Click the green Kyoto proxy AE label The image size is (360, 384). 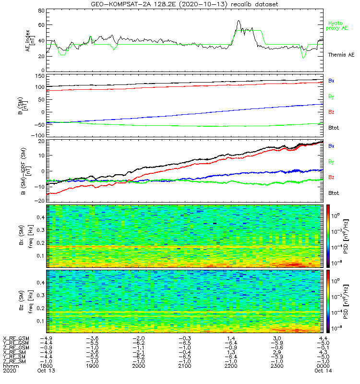[x=338, y=25]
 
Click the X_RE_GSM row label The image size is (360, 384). [x=16, y=338]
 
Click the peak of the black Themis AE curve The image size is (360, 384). [x=238, y=21]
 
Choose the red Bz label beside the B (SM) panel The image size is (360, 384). [x=331, y=111]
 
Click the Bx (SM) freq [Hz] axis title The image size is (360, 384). [x=16, y=235]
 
